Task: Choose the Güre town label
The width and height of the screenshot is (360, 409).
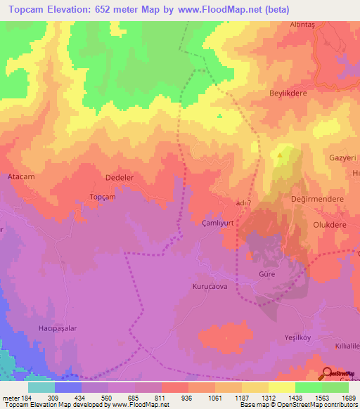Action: [266, 273]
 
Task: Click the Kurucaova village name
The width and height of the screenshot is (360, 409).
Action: [210, 287]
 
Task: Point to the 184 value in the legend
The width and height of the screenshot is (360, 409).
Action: [23, 397]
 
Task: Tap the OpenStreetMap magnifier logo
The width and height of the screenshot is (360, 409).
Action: [328, 373]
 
